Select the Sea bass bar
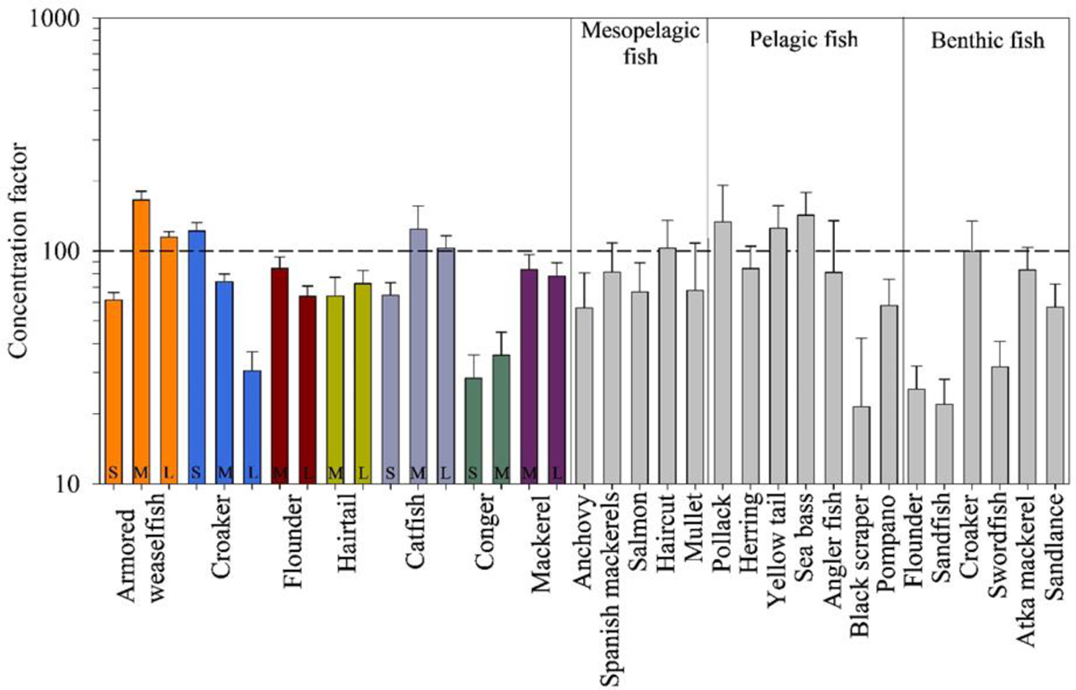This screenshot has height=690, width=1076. click(x=805, y=349)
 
